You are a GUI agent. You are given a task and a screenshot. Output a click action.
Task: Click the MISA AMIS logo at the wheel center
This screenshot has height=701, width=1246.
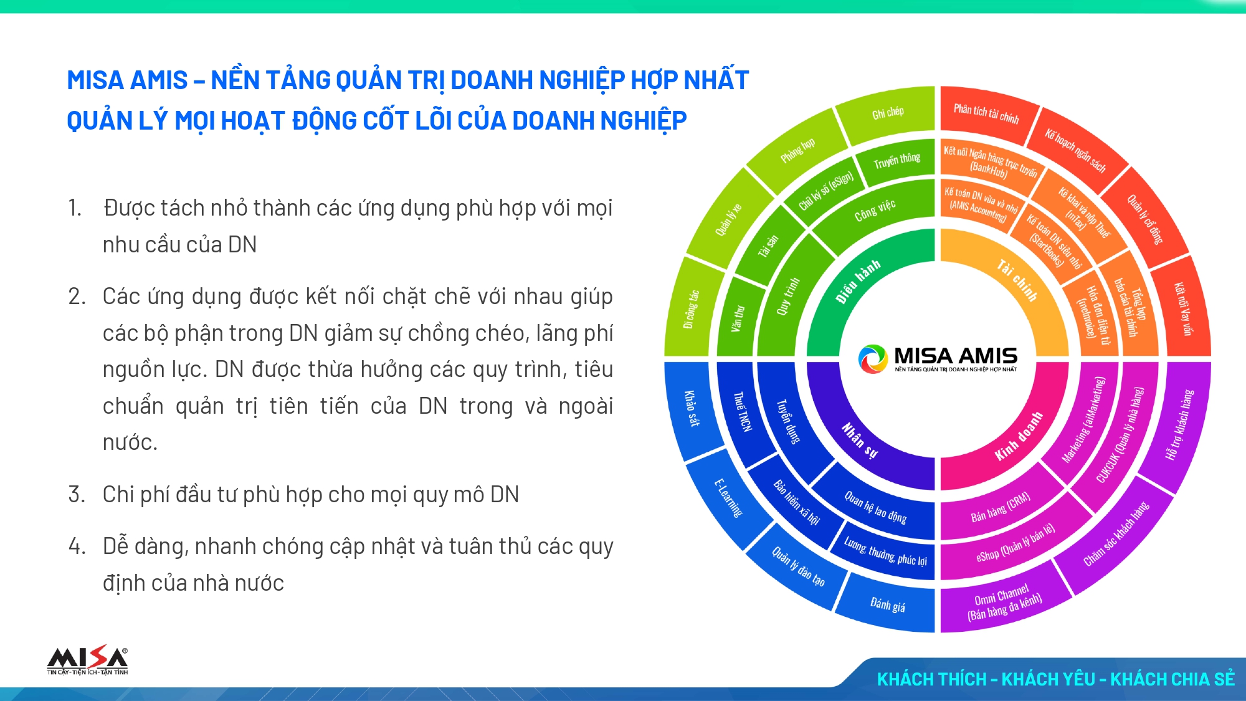938,359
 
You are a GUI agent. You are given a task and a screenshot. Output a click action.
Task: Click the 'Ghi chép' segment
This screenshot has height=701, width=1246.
887,113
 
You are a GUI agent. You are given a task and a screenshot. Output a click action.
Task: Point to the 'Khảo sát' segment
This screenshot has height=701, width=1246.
692,408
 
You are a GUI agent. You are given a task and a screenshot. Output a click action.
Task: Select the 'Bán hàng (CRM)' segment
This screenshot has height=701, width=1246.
1000,506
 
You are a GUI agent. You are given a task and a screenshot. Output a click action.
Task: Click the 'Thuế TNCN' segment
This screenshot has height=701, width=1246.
742,411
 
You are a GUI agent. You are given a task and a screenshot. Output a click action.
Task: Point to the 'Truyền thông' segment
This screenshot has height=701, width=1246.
896,161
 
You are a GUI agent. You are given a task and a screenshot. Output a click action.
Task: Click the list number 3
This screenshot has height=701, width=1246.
76,495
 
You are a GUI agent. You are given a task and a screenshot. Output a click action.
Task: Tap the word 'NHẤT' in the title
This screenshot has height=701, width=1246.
716,80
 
